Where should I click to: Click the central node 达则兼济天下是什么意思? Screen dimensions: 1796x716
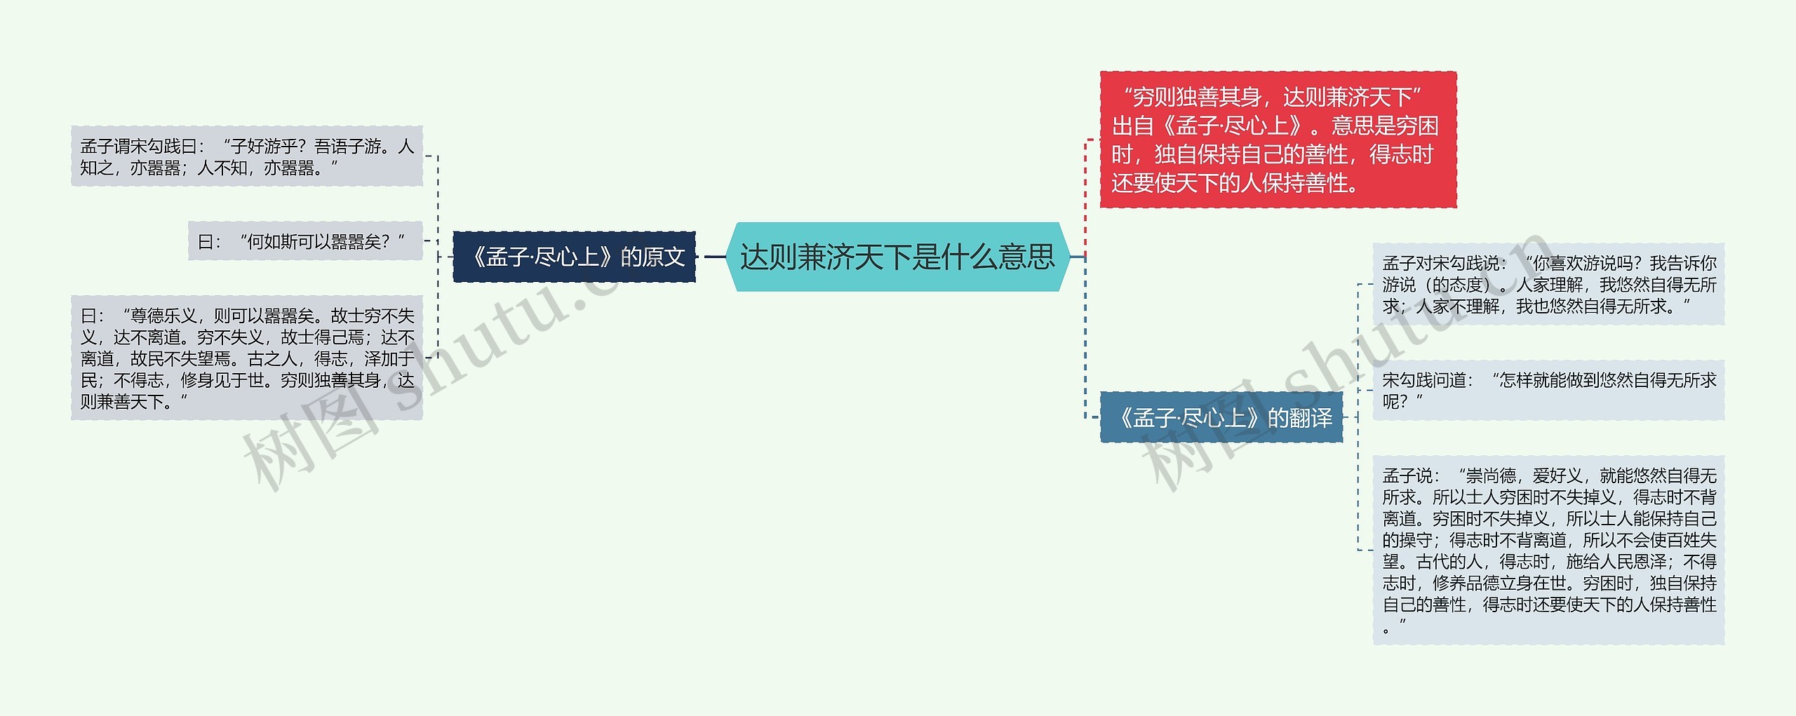coord(897,257)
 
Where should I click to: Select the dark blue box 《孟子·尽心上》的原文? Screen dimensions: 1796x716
coord(574,257)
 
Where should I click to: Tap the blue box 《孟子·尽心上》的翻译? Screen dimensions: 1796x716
coord(1221,418)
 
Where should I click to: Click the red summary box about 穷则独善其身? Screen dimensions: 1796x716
coord(1278,140)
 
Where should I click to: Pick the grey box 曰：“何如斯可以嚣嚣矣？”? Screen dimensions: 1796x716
coord(305,242)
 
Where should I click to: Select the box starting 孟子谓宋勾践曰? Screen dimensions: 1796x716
coord(247,156)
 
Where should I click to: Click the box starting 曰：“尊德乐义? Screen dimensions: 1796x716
coord(247,358)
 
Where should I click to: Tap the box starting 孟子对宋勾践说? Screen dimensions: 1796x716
coord(1548,284)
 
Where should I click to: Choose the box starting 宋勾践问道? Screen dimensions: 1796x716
coord(1548,390)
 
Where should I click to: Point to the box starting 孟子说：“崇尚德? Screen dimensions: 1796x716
coord(1548,550)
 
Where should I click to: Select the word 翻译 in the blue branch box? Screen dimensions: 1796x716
coord(1311,418)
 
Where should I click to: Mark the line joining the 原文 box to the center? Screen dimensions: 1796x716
coord(714,257)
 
